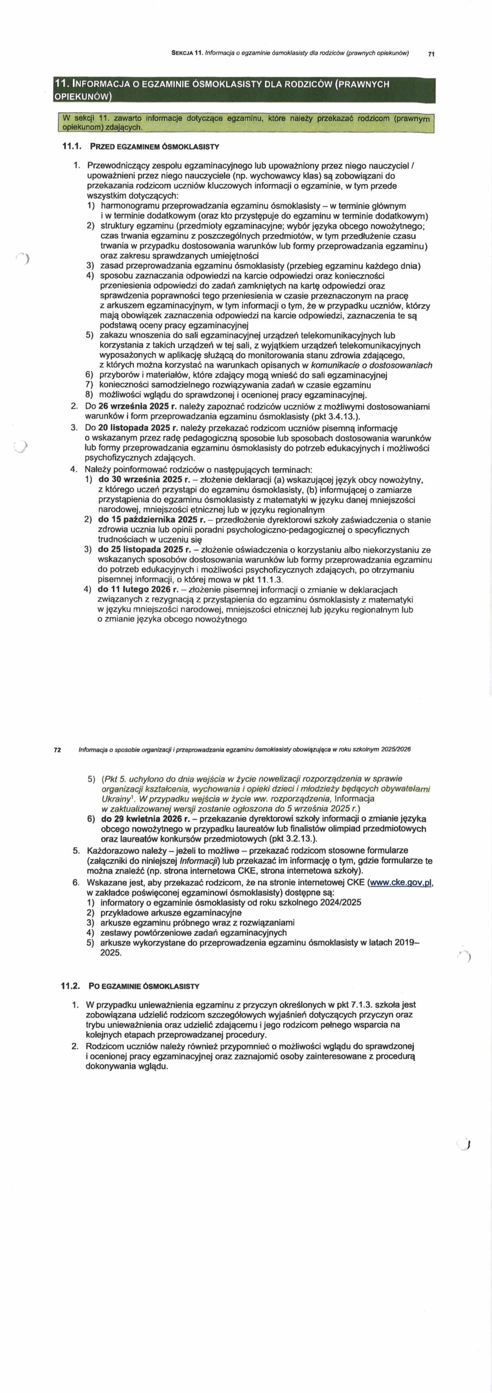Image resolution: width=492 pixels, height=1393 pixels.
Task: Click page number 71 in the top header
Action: click(431, 53)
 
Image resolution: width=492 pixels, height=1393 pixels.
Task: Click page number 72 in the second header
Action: click(57, 749)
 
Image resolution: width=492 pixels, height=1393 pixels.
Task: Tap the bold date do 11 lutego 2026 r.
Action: click(138, 589)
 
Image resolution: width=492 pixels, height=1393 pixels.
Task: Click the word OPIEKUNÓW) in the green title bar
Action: click(83, 97)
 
